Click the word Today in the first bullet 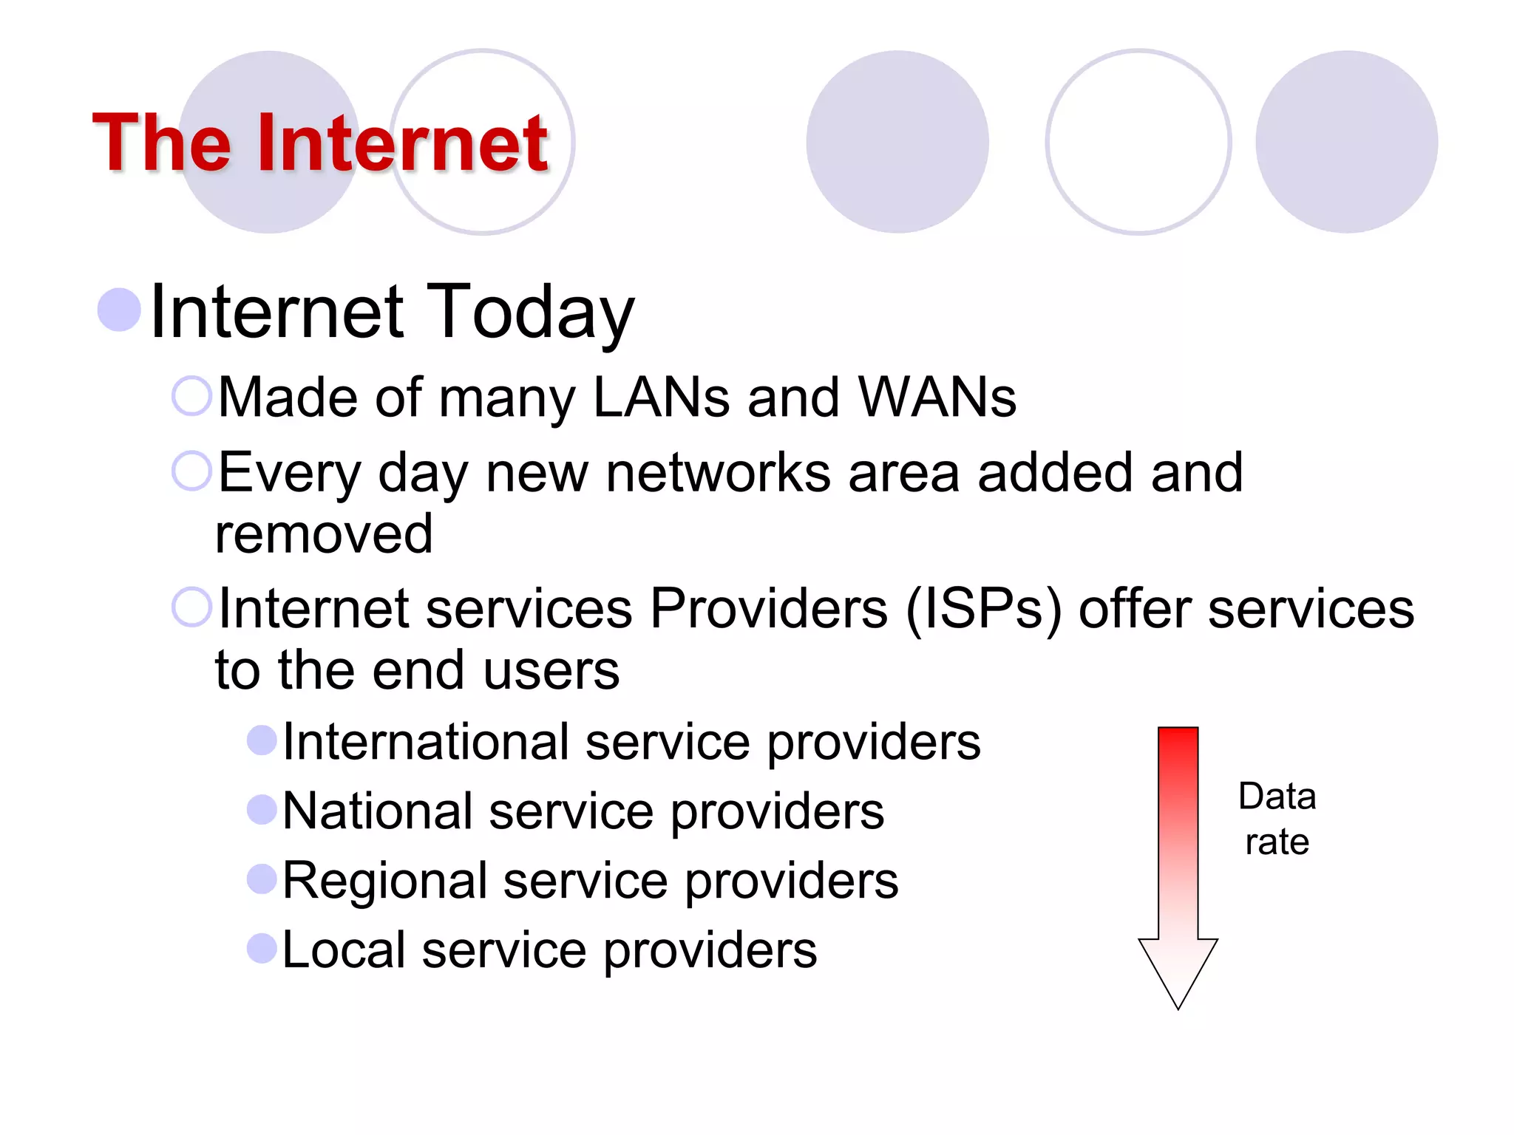[531, 312]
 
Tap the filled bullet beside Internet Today [119, 310]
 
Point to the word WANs [937, 398]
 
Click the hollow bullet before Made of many [191, 396]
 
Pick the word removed [324, 534]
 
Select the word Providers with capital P [769, 609]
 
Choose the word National [377, 811]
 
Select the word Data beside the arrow [1277, 797]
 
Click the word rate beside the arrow [1277, 842]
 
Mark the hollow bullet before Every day [191, 471]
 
